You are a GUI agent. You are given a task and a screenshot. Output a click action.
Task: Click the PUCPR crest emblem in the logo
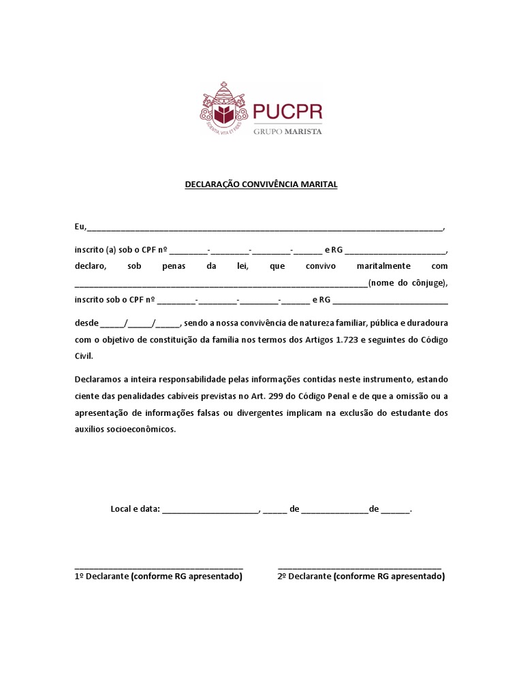pos(223,110)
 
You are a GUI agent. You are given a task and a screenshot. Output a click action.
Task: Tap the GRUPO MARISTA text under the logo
pos(287,131)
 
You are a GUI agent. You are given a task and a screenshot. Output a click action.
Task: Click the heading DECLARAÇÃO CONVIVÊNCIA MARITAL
pos(261,184)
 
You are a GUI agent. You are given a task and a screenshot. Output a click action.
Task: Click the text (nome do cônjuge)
pos(407,282)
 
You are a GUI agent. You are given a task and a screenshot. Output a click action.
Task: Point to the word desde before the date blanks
pos(86,322)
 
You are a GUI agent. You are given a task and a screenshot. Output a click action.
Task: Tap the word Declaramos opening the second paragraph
pos(99,378)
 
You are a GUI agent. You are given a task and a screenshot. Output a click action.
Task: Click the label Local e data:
pos(135,508)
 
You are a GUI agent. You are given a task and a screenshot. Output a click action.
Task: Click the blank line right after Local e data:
pos(210,510)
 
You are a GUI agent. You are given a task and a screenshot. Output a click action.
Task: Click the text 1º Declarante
pos(101,577)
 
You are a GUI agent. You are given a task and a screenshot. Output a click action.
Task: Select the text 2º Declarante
pos(304,577)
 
